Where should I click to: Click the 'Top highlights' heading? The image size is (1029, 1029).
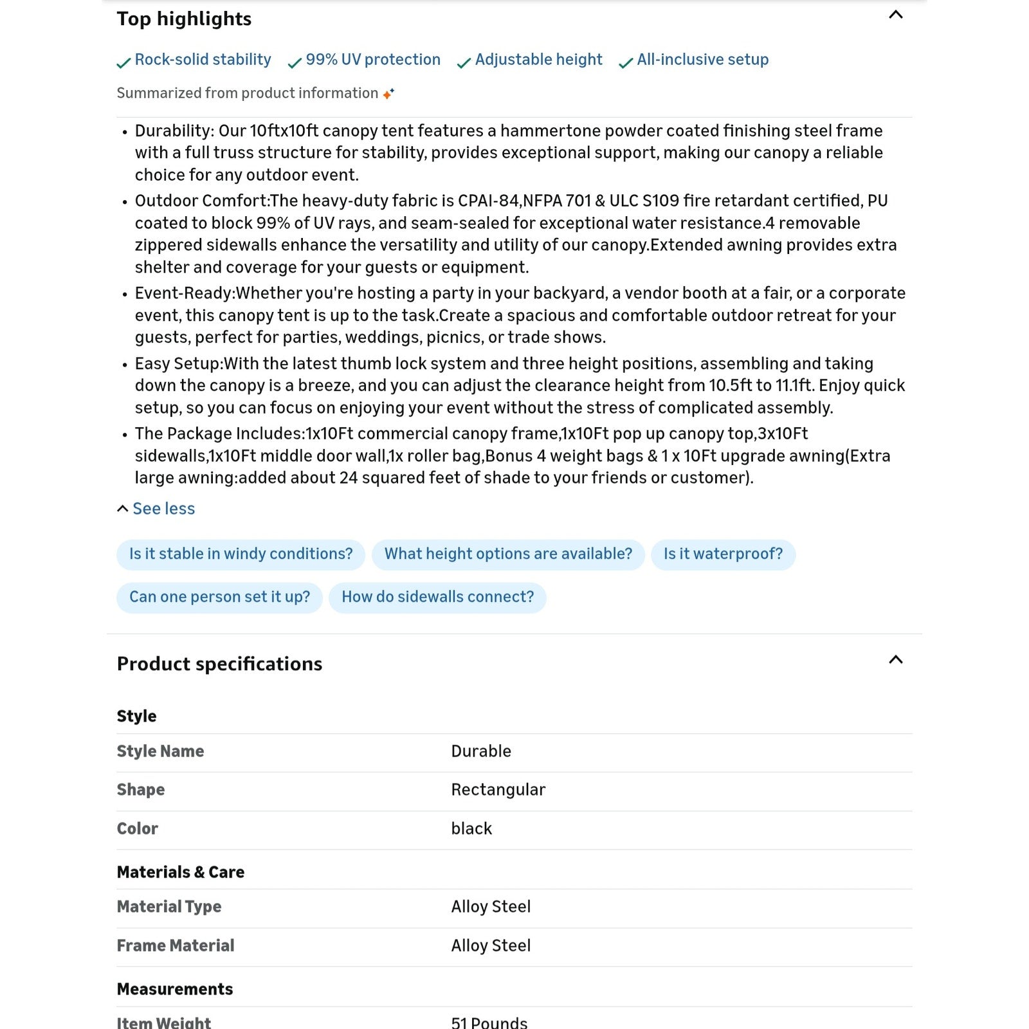[x=184, y=19]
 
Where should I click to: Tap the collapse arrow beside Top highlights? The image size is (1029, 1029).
[x=895, y=15]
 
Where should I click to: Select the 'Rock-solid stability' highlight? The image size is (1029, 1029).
[x=203, y=60]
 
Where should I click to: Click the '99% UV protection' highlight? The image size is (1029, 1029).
[x=373, y=60]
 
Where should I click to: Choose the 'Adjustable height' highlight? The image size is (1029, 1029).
[x=538, y=60]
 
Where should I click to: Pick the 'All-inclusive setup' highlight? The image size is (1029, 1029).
[x=702, y=60]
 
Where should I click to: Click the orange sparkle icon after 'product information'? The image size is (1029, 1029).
[x=388, y=94]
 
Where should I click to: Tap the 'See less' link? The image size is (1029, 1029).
[x=163, y=509]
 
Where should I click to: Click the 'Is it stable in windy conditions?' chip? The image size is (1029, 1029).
[x=241, y=554]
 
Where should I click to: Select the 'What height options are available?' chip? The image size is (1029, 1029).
[x=508, y=554]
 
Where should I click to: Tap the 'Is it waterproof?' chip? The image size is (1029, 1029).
[x=723, y=554]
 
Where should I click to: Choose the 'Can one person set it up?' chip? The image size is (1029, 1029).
[x=219, y=597]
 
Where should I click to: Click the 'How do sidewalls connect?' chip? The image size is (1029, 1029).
[x=437, y=597]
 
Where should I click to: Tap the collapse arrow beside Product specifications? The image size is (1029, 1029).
[x=895, y=660]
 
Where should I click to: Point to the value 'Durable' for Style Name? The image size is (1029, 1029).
[x=481, y=751]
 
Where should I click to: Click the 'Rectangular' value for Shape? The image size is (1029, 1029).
[x=498, y=790]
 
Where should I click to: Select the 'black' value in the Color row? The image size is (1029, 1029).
[x=471, y=829]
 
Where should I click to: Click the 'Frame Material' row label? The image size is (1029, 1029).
[x=176, y=946]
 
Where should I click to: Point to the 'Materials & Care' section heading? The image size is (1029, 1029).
[x=181, y=873]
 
